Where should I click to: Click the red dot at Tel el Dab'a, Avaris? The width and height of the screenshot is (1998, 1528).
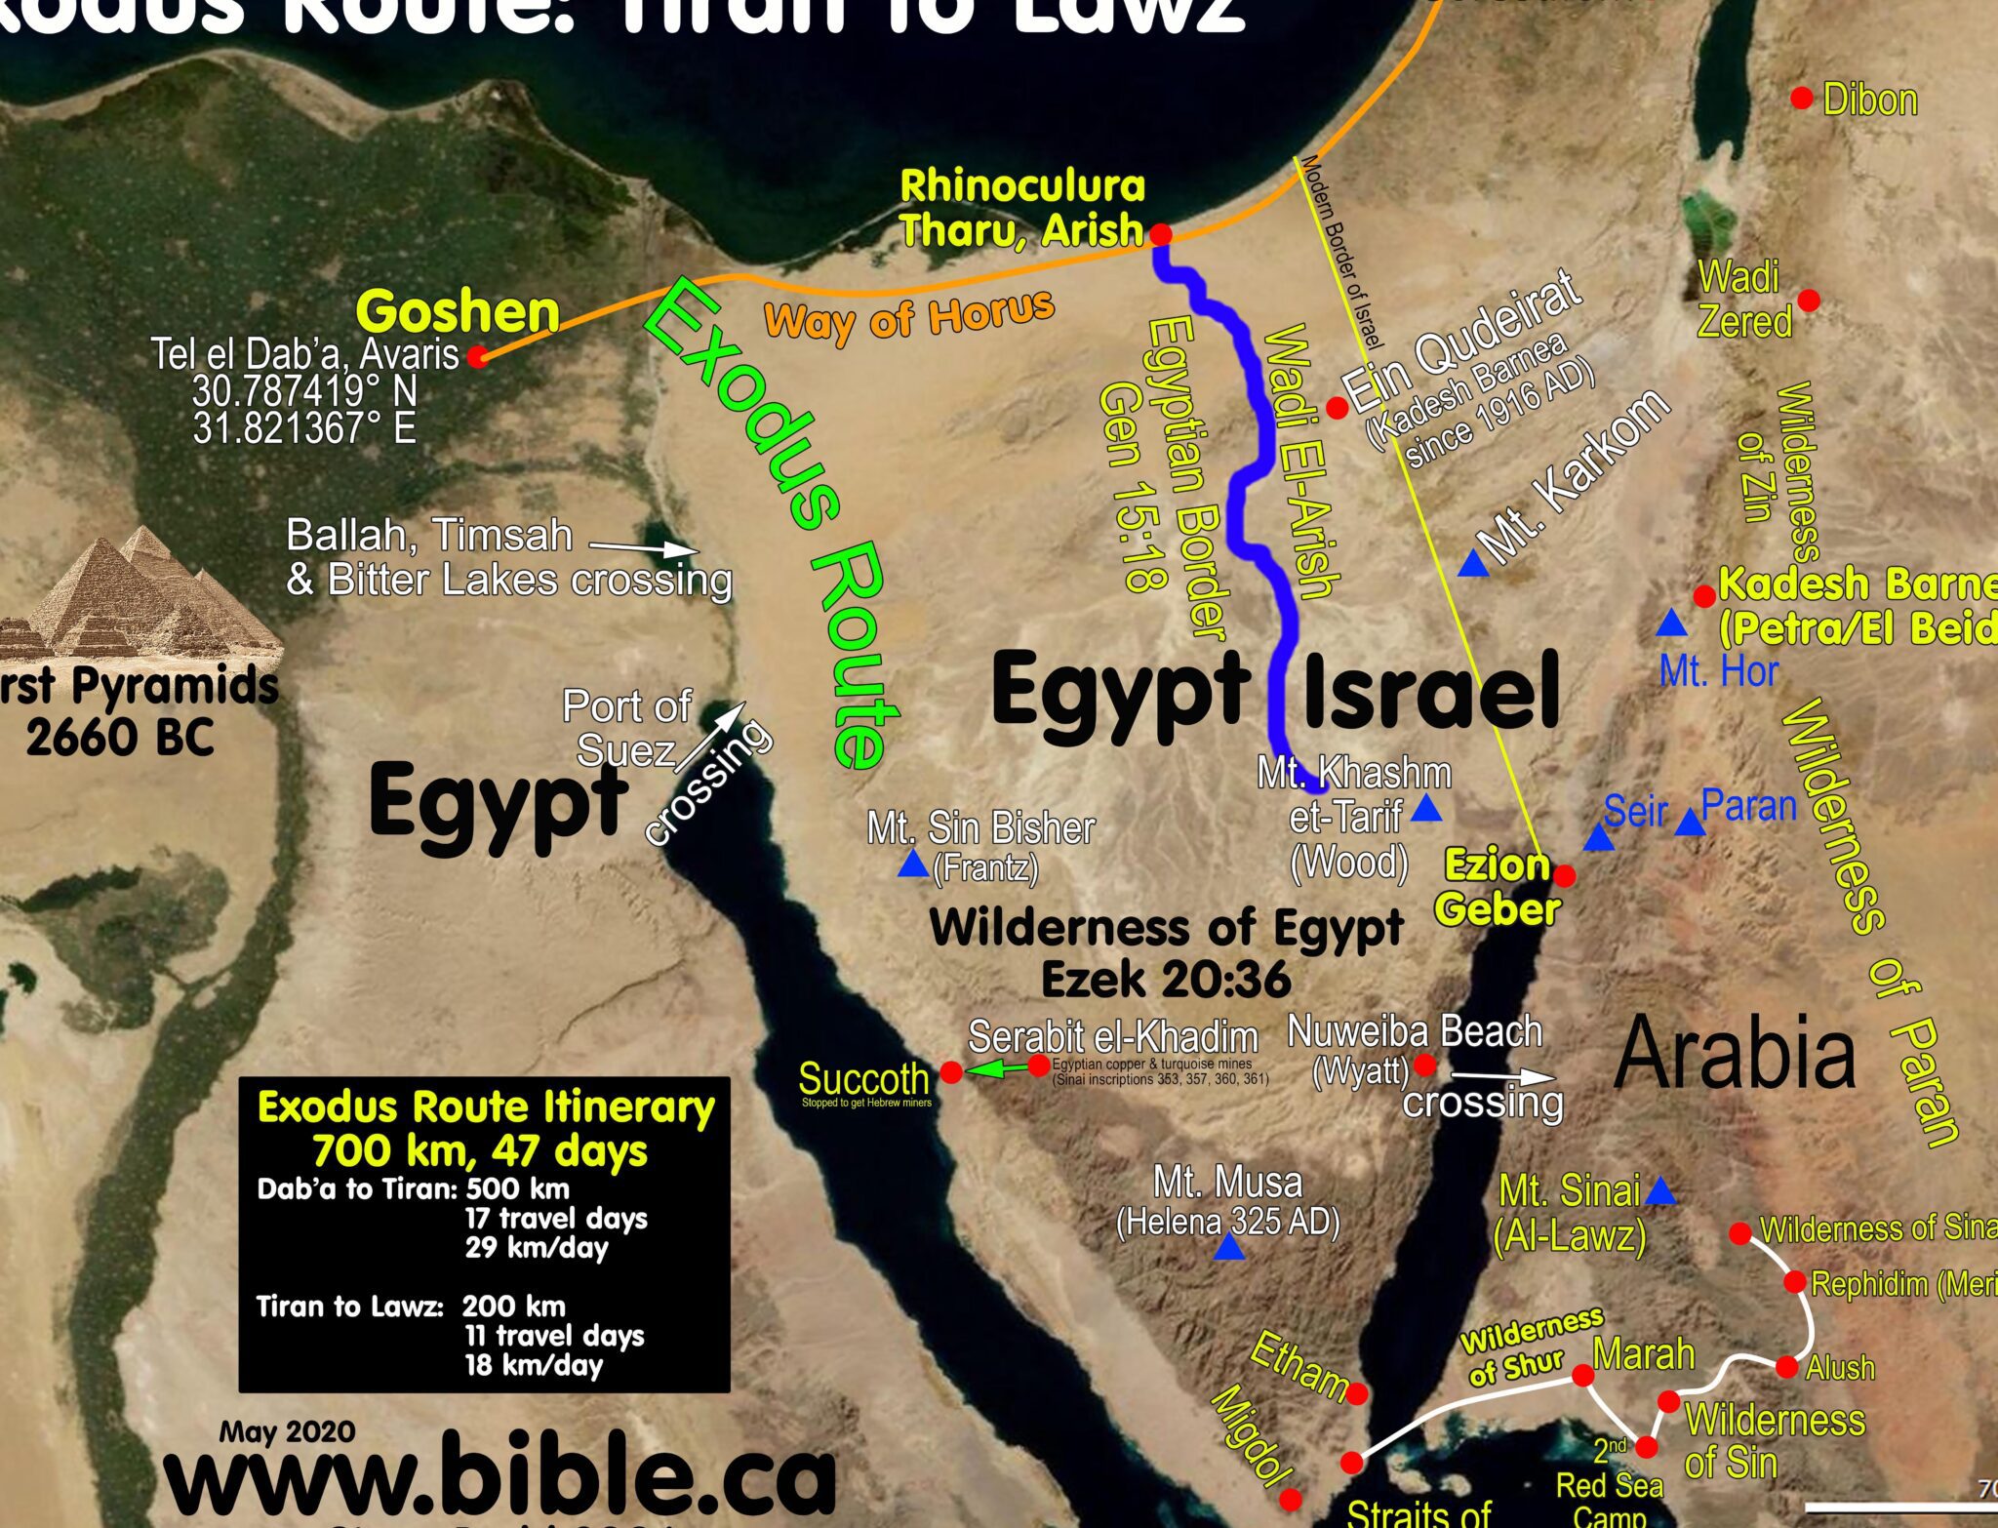point(477,357)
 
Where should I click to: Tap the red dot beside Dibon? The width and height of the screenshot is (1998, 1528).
point(1802,98)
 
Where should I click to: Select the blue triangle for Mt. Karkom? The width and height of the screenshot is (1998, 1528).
point(1473,564)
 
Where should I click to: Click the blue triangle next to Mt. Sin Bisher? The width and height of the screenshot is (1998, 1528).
point(913,865)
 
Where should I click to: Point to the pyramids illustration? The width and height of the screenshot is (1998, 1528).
point(146,595)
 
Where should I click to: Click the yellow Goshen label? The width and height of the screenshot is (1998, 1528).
point(458,312)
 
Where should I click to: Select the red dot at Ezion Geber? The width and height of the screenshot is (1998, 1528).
point(1564,875)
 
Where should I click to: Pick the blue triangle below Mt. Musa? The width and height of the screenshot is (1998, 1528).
point(1229,1248)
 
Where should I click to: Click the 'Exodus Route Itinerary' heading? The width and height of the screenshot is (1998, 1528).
point(485,1108)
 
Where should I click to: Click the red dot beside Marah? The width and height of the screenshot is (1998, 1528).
point(1583,1376)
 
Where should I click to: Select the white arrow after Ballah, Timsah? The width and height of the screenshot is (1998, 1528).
point(644,547)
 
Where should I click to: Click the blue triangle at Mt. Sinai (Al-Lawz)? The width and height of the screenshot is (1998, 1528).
point(1660,1192)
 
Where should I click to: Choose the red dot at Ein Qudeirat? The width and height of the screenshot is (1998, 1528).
point(1338,408)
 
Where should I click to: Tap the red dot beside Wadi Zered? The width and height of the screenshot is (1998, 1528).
point(1808,300)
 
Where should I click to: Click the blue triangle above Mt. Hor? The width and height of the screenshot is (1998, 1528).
point(1671,623)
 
